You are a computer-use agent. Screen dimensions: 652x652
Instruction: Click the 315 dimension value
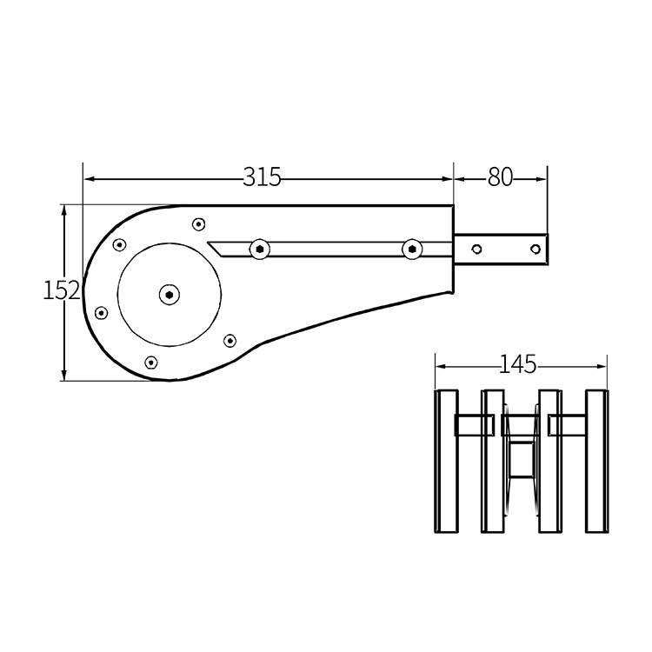(x=262, y=177)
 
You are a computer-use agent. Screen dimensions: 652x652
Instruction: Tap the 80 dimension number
(x=500, y=177)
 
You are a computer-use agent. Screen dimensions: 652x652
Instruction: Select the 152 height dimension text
(x=62, y=290)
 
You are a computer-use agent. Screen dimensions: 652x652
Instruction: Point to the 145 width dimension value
(x=518, y=364)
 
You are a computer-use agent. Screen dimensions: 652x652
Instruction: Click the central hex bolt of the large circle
(x=170, y=295)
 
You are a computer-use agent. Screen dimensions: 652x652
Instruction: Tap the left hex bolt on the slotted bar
(x=259, y=249)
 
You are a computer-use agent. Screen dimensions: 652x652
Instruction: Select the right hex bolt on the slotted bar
(x=412, y=249)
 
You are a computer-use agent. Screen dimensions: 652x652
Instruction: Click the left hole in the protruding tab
(x=477, y=249)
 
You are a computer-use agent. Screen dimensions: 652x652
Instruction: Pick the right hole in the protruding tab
(x=536, y=249)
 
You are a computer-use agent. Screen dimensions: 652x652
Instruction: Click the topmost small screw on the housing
(x=199, y=224)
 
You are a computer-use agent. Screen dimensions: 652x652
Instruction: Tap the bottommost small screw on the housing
(x=151, y=363)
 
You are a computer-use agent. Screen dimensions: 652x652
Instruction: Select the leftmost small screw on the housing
(x=101, y=313)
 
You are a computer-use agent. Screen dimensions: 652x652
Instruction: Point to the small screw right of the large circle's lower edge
(x=230, y=341)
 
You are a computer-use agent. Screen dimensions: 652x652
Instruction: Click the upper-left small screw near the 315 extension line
(x=120, y=245)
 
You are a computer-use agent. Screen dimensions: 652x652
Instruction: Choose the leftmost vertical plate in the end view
(x=446, y=461)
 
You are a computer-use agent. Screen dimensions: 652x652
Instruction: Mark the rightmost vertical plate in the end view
(x=597, y=461)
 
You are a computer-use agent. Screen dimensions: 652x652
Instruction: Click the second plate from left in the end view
(x=493, y=461)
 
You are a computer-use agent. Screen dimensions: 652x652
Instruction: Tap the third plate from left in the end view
(x=550, y=461)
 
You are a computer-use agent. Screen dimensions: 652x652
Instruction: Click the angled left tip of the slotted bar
(x=208, y=243)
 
